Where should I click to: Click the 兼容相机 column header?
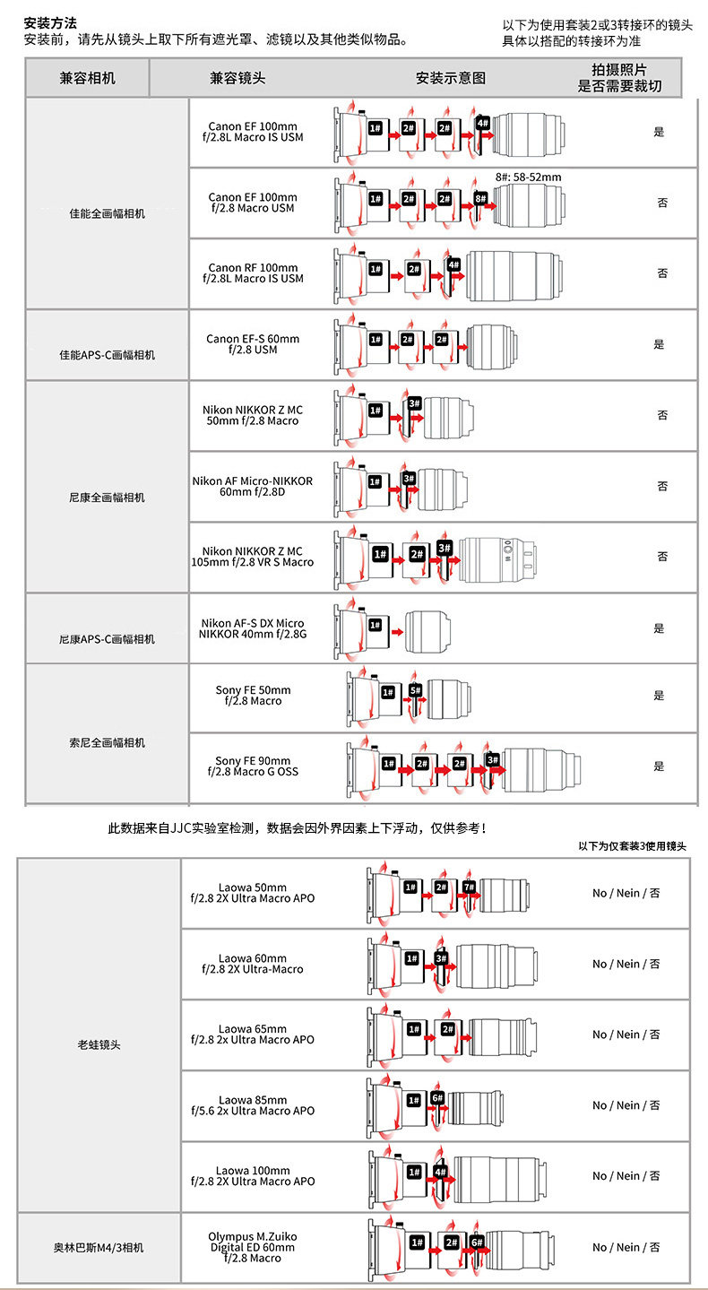(x=88, y=78)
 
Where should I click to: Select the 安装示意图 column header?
(x=451, y=78)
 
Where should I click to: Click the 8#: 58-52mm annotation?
(x=528, y=177)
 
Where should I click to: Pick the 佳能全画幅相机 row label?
(x=107, y=214)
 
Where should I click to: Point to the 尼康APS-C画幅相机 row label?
(x=107, y=639)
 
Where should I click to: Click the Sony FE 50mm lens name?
(x=253, y=696)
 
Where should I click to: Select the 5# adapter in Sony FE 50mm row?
(x=415, y=690)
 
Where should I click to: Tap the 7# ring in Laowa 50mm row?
(x=469, y=887)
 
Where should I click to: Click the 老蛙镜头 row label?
(x=99, y=1044)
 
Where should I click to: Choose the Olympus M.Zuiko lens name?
(x=252, y=1247)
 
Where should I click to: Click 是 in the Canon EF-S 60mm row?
(x=659, y=344)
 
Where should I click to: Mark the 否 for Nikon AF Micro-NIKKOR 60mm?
(x=662, y=486)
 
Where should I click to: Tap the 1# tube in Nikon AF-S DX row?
(x=376, y=624)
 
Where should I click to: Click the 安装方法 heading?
(x=50, y=22)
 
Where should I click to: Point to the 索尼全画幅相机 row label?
(x=107, y=743)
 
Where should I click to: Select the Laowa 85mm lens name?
(x=252, y=1105)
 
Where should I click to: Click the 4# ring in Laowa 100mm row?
(x=440, y=1171)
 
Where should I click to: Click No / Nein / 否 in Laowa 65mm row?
(x=626, y=1035)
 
